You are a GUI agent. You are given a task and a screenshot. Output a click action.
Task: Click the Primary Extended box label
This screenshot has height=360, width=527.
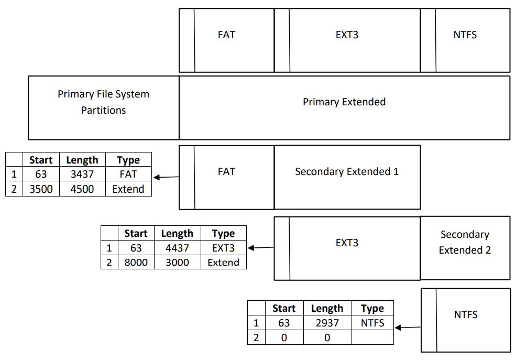pos(344,102)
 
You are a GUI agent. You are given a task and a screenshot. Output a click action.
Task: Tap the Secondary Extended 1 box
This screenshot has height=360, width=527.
pos(347,172)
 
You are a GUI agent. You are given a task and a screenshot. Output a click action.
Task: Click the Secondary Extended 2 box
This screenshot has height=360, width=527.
pos(465,243)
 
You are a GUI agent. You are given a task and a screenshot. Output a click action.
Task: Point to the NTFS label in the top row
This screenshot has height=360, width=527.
pos(465,36)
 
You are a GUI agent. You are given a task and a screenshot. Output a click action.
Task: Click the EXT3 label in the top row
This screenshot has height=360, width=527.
pos(347,36)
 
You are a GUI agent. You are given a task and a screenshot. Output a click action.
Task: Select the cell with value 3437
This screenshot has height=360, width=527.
pos(82,174)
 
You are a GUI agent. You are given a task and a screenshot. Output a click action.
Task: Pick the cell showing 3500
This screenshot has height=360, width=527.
pos(41,189)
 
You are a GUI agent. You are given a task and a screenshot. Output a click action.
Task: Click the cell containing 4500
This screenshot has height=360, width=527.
pos(82,189)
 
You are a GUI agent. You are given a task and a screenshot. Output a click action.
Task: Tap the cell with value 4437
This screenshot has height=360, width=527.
pos(177,248)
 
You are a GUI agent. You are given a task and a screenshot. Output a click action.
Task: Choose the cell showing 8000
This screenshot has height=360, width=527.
pos(136,262)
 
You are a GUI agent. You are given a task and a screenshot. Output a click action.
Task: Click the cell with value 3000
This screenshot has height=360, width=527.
pos(177,262)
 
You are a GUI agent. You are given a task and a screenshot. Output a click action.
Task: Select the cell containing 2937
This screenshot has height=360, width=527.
pos(327,323)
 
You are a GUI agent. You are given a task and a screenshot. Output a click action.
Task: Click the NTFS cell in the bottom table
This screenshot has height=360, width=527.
pos(372,323)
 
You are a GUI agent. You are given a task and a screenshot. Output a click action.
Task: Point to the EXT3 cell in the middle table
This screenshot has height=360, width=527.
pos(223,248)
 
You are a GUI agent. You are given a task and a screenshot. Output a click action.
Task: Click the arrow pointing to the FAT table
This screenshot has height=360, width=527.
pos(166,178)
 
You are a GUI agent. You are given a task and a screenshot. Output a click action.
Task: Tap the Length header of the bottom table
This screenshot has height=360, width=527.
pos(327,308)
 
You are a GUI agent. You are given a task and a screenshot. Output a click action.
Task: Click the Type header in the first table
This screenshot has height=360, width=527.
pos(128,160)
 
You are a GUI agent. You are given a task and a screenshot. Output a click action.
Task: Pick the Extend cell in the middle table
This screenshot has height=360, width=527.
pos(223,262)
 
